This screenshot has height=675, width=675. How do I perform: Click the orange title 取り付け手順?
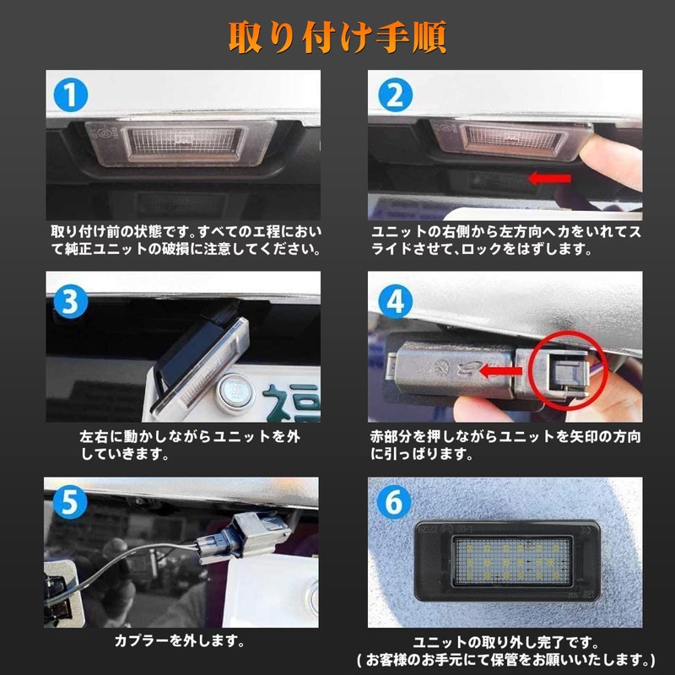pyautogui.click(x=337, y=38)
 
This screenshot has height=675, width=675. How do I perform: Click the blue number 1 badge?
pyautogui.click(x=71, y=94)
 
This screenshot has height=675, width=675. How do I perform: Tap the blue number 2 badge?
pyautogui.click(x=395, y=94)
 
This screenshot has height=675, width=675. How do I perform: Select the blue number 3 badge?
pyautogui.click(x=71, y=301)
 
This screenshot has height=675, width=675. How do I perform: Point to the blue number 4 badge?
pyautogui.click(x=395, y=301)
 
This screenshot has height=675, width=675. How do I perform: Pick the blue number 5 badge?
pyautogui.click(x=70, y=502)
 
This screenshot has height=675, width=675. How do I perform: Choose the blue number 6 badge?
pyautogui.click(x=393, y=502)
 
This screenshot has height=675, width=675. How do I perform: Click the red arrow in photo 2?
pyautogui.click(x=550, y=178)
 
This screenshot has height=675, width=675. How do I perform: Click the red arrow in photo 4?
pyautogui.click(x=500, y=370)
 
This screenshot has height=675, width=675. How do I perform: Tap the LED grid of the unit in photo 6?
pyautogui.click(x=513, y=561)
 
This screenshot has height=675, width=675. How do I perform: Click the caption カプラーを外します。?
pyautogui.click(x=180, y=641)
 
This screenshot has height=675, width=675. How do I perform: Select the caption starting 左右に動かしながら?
pyautogui.click(x=189, y=445)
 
